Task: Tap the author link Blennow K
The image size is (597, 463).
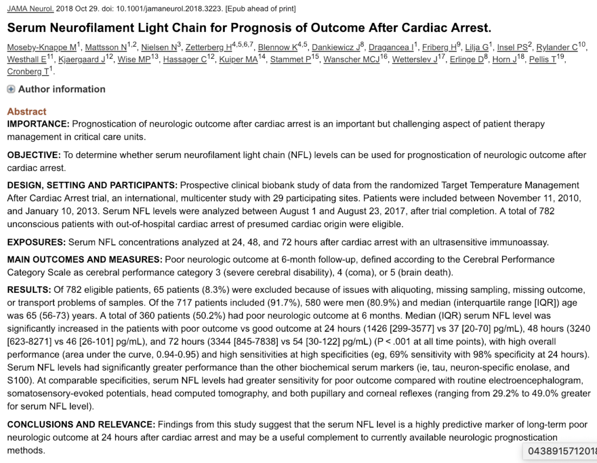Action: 276,47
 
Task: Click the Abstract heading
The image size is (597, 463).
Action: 27,111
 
